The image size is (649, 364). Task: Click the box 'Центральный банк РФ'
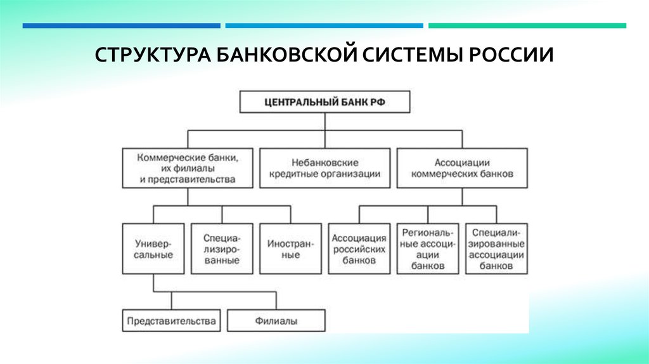[x=324, y=101]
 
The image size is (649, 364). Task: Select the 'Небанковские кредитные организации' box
[x=325, y=168]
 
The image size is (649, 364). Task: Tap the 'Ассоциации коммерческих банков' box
[x=462, y=168]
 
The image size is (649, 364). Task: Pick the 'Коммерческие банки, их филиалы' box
[x=188, y=168]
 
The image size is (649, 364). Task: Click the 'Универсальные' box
[x=153, y=249]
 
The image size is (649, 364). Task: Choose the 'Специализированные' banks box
[x=222, y=249]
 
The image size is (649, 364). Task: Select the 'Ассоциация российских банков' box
[x=359, y=249]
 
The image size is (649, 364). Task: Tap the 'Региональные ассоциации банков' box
[x=427, y=249]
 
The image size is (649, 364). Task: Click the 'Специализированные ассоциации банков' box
[x=496, y=249]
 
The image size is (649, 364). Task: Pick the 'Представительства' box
[x=171, y=320]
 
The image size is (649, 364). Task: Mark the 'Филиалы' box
[x=276, y=320]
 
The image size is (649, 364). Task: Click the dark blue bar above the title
[x=122, y=26]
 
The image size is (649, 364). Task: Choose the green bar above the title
[x=527, y=26]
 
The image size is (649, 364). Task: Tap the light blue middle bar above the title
[x=324, y=26]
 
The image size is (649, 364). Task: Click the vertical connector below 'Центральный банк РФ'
[x=324, y=122]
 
